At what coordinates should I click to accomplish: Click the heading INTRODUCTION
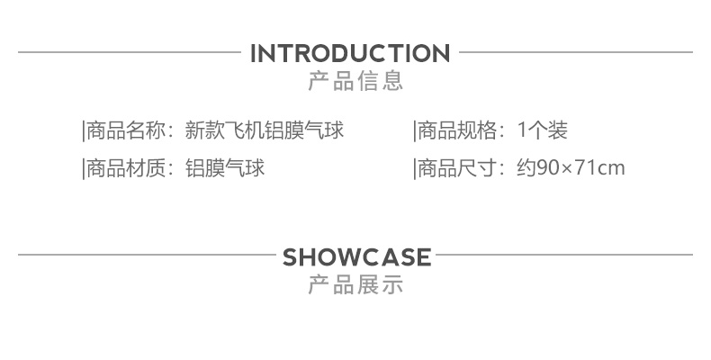pos(349,53)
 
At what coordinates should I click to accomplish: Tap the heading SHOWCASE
pos(357,257)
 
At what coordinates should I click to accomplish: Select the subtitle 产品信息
pos(355,81)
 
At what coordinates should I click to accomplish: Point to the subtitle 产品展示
pos(355,285)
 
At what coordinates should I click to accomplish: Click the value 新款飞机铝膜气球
pos(264,131)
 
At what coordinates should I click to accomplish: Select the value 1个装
pos(543,131)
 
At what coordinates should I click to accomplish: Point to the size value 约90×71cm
pos(571,168)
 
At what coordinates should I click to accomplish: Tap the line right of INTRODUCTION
pos(576,52)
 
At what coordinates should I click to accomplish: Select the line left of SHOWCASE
pos(146,256)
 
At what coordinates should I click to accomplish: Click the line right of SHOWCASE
pos(564,256)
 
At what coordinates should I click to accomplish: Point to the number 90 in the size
pos(547,168)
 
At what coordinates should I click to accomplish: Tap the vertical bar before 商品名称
pos(83,131)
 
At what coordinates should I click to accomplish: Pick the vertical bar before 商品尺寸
pos(414,168)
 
